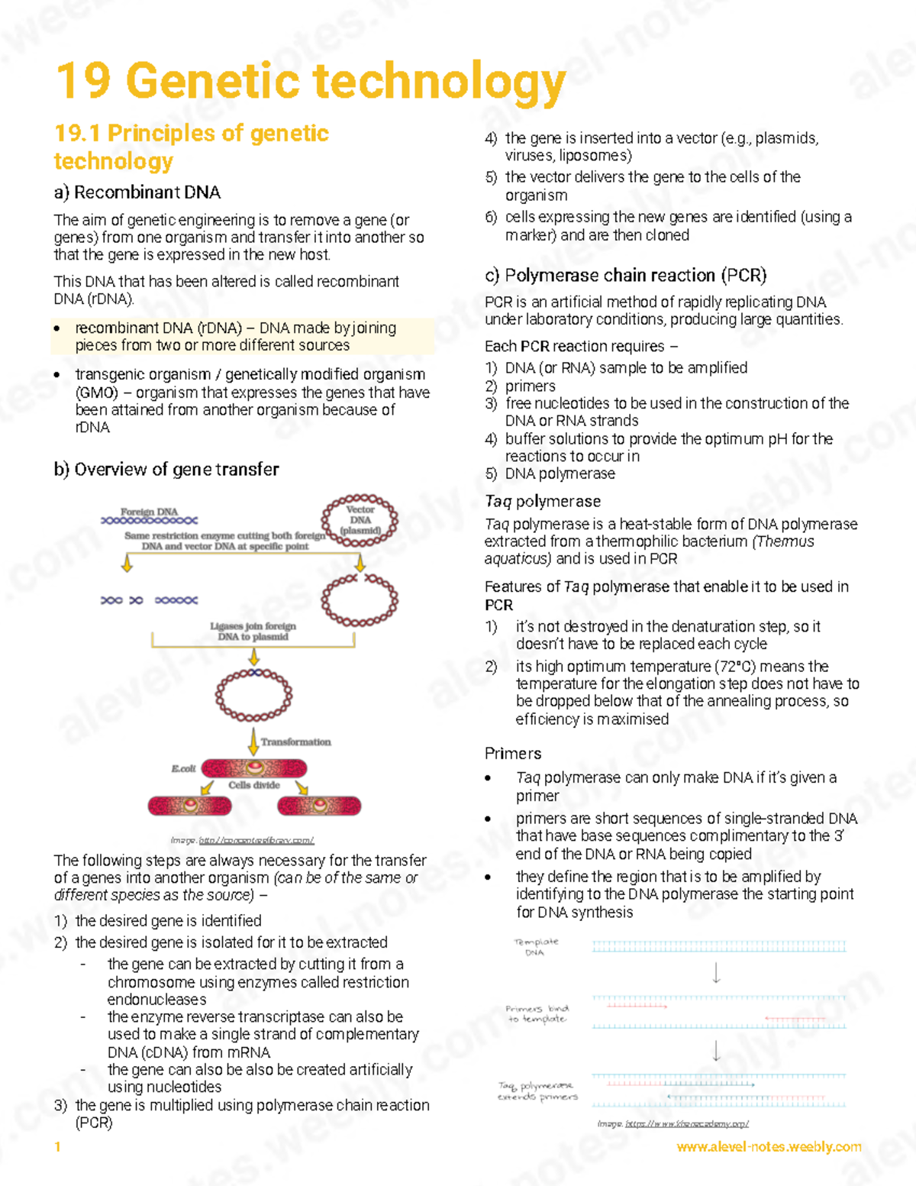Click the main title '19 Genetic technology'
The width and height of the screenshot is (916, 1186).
pyautogui.click(x=311, y=82)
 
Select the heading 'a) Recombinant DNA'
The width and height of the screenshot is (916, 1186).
pyautogui.click(x=137, y=192)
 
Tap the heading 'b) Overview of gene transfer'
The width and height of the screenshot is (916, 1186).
pyautogui.click(x=166, y=470)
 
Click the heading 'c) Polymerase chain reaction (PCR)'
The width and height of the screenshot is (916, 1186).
pyautogui.click(x=625, y=275)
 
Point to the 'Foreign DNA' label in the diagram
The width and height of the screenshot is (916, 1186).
pyautogui.click(x=149, y=512)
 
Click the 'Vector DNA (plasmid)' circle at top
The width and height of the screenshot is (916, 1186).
pyautogui.click(x=360, y=521)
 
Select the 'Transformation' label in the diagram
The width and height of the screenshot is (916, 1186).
pyautogui.click(x=295, y=742)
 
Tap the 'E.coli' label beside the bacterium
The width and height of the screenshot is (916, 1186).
pyautogui.click(x=183, y=768)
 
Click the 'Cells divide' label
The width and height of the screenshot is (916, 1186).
pyautogui.click(x=254, y=785)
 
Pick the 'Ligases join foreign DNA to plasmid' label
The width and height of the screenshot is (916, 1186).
pyautogui.click(x=253, y=631)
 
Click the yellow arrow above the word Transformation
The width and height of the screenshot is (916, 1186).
pyautogui.click(x=253, y=741)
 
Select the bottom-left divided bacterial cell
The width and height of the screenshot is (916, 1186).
pyautogui.click(x=189, y=806)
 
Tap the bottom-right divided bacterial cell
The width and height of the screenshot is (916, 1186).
pyautogui.click(x=319, y=806)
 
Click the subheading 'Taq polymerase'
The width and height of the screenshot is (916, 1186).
pyautogui.click(x=543, y=502)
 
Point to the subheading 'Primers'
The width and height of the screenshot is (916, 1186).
pyautogui.click(x=513, y=754)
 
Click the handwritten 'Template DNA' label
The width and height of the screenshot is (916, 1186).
pyautogui.click(x=536, y=947)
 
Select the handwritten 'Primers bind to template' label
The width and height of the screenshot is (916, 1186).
pyautogui.click(x=537, y=1014)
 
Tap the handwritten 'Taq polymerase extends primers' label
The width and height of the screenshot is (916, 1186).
pyautogui.click(x=537, y=1091)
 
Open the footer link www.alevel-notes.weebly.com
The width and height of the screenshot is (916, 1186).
pyautogui.click(x=769, y=1147)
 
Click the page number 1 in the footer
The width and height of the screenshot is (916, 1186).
pyautogui.click(x=57, y=1147)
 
